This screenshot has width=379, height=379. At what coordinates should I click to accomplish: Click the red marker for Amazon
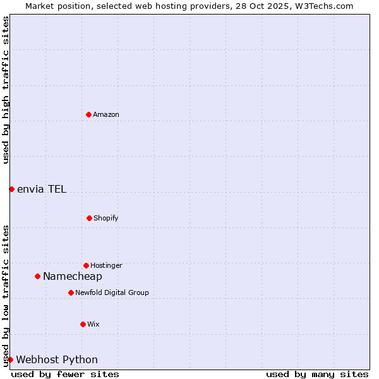click(88, 114)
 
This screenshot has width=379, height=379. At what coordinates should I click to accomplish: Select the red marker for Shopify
click(89, 218)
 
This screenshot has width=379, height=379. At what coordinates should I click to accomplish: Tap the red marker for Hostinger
click(86, 265)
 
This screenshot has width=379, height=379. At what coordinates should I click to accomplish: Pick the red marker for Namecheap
click(37, 276)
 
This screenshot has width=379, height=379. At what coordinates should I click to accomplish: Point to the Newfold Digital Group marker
click(71, 292)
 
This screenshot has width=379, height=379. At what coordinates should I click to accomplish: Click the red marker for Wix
click(83, 324)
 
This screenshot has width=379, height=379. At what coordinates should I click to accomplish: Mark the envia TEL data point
click(11, 189)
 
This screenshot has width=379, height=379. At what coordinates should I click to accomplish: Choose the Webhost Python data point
click(10, 359)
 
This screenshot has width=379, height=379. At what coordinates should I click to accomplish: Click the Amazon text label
click(106, 114)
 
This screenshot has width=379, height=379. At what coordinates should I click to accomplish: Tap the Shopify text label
click(106, 218)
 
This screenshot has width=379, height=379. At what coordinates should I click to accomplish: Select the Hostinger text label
click(106, 265)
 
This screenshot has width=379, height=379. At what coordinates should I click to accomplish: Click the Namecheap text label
click(73, 276)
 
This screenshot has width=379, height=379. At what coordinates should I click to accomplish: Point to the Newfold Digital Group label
click(112, 292)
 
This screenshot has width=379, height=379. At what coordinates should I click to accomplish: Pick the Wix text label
click(93, 324)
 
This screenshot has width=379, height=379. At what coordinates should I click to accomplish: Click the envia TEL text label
click(42, 189)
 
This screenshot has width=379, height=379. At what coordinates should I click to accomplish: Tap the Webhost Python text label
click(57, 359)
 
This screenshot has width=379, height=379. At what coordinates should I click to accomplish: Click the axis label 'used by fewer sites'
click(65, 374)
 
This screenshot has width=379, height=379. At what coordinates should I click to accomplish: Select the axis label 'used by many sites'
click(317, 374)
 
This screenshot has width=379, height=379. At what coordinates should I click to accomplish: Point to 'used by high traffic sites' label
click(6, 90)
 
